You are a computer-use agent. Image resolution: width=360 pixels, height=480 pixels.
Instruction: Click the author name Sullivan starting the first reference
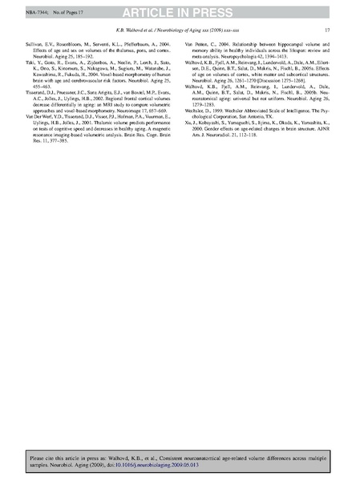[x=35, y=46]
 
